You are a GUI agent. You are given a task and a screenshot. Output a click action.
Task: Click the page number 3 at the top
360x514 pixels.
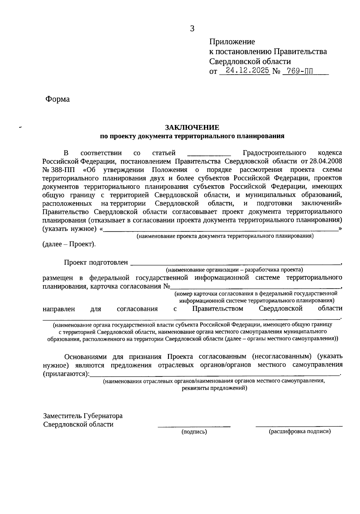(x=192, y=29)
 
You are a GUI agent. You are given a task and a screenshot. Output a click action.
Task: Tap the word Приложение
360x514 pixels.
(x=232, y=42)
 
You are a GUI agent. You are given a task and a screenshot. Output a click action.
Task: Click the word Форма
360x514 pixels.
(x=57, y=99)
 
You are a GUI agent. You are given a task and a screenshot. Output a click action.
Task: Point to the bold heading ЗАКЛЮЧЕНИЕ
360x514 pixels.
(x=192, y=127)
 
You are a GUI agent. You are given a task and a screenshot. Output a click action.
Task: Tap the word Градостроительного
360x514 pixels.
(x=274, y=153)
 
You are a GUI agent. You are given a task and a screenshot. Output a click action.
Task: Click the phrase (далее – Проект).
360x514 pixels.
(x=69, y=244)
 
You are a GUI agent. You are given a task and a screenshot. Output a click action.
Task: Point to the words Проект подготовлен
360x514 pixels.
(x=96, y=263)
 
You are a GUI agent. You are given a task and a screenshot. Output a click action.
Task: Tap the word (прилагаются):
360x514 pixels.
(x=66, y=374)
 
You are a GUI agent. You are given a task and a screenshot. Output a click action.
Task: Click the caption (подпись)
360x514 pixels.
(x=194, y=432)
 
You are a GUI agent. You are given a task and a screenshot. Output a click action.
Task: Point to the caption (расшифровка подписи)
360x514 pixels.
(x=300, y=431)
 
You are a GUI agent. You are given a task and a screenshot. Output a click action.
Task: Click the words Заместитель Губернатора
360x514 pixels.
(x=83, y=416)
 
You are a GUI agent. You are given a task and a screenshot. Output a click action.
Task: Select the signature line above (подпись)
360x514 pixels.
(x=194, y=426)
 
